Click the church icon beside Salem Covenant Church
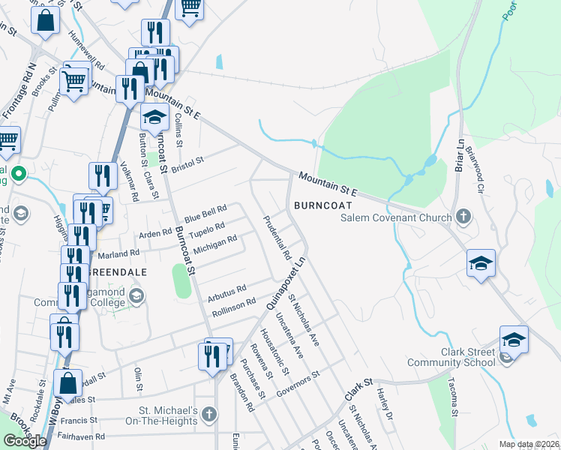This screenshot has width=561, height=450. point(463,217)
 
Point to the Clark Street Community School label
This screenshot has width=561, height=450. point(451,356)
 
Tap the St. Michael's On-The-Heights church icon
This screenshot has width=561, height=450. point(209,413)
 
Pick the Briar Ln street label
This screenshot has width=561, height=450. point(459,154)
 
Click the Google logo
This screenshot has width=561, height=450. point(25,441)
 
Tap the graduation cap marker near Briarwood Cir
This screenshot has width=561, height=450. point(481,264)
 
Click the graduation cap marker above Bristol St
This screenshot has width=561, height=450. point(155,118)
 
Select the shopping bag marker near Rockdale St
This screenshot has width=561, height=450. point(68,383)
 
